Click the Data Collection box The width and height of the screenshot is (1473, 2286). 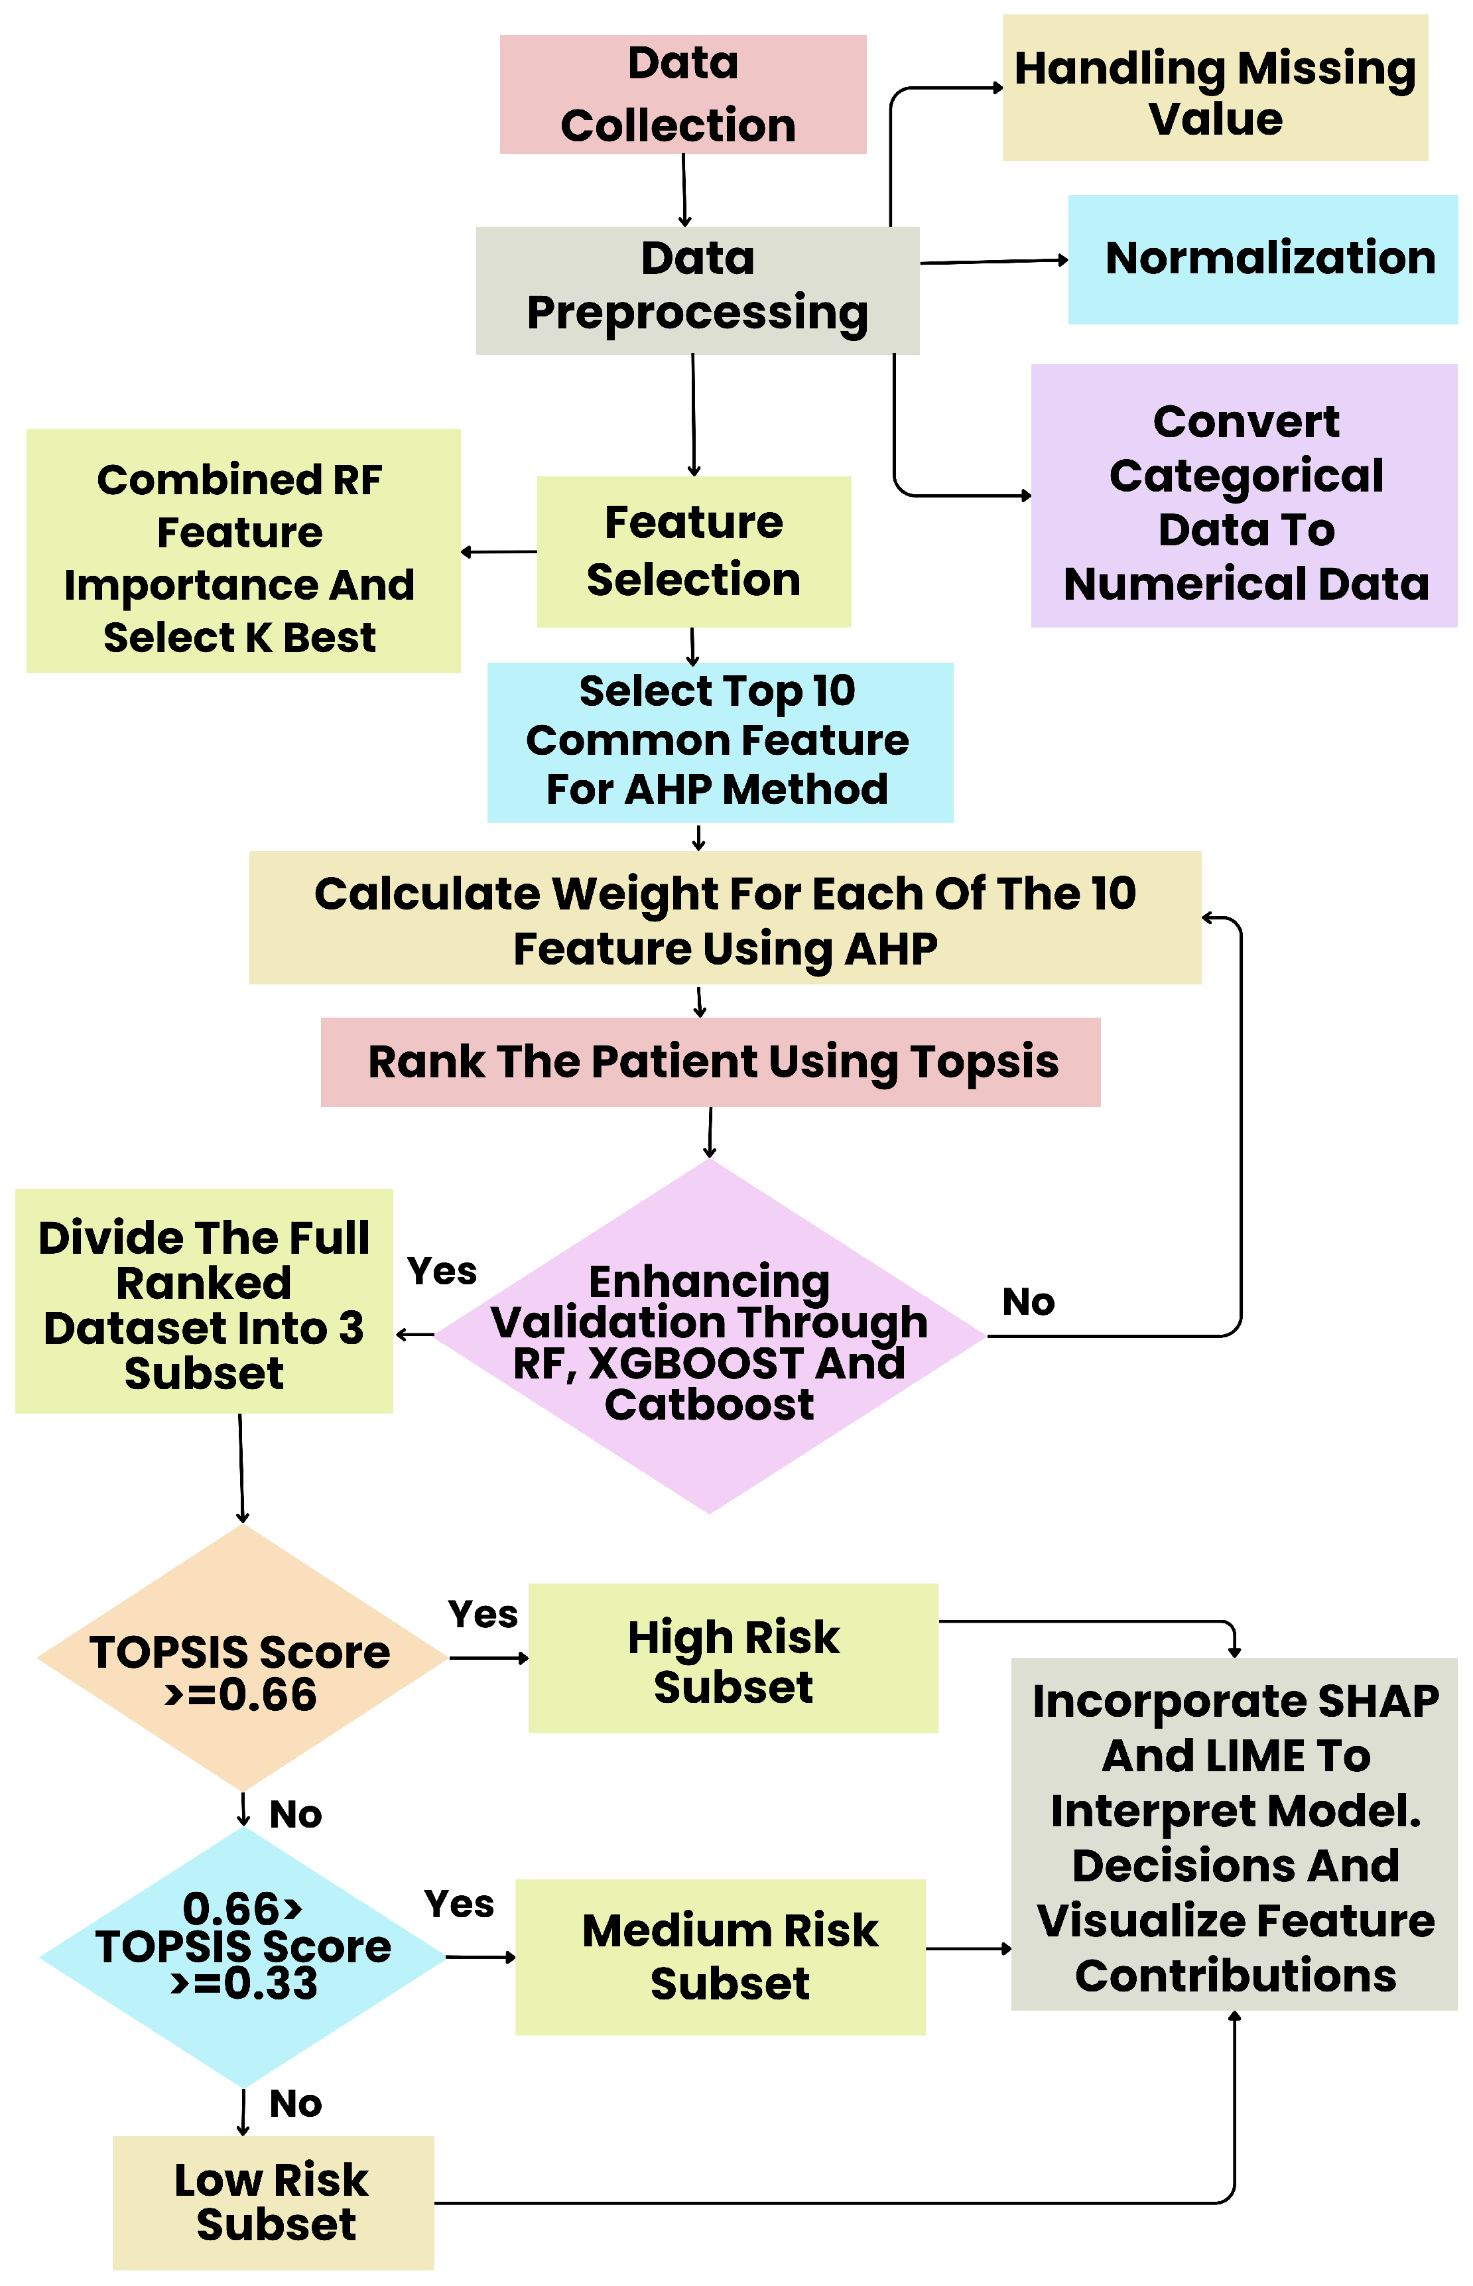pyautogui.click(x=683, y=95)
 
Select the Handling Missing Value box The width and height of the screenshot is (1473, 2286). pyautogui.click(x=1215, y=88)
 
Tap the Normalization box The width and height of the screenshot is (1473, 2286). pyautogui.click(x=1263, y=260)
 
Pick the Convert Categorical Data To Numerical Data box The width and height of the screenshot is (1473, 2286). pyautogui.click(x=1244, y=496)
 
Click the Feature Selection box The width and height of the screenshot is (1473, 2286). pyautogui.click(x=694, y=552)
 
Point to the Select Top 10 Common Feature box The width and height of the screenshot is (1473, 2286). pyautogui.click(x=720, y=742)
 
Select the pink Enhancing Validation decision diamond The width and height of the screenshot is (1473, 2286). pyautogui.click(x=710, y=1336)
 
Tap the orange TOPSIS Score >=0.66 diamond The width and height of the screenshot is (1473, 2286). pyautogui.click(x=242, y=1658)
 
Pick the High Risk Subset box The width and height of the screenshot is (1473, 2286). pyautogui.click(x=733, y=1658)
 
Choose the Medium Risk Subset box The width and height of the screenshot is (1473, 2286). pyautogui.click(x=720, y=1957)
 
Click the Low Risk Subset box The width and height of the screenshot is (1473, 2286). pyautogui.click(x=273, y=2202)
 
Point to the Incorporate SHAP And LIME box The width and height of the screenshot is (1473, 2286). pyautogui.click(x=1234, y=1834)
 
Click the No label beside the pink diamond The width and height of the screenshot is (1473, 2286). pyautogui.click(x=1028, y=1302)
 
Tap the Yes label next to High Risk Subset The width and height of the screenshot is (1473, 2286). pyautogui.click(x=483, y=1615)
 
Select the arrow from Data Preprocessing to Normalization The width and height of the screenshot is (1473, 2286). pyautogui.click(x=993, y=261)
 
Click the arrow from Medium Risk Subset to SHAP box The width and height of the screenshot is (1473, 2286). pyautogui.click(x=969, y=1948)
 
